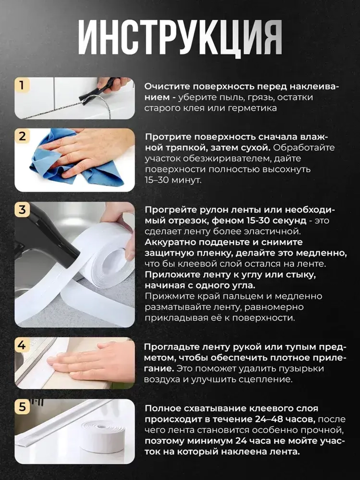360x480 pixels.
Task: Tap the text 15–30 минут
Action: click(173, 180)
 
